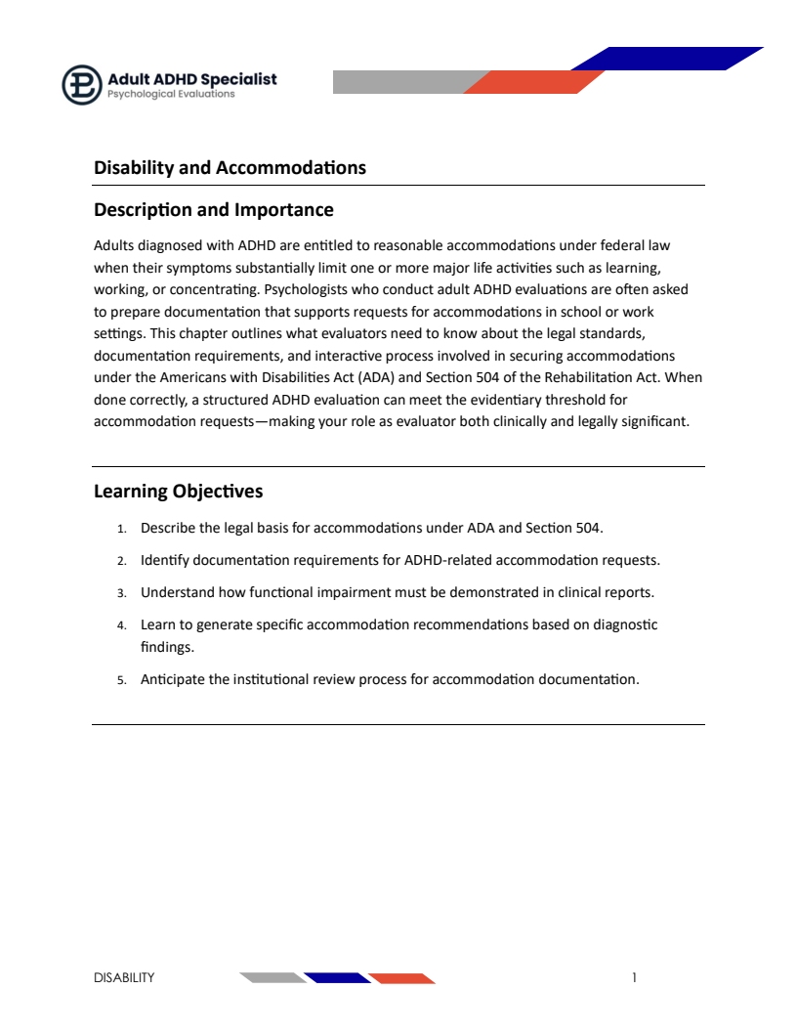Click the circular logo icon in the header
click(x=82, y=84)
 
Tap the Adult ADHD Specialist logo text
click(x=192, y=78)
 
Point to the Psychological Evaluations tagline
click(x=171, y=95)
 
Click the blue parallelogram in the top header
click(x=667, y=59)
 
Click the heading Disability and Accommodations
click(x=230, y=167)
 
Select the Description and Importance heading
click(x=213, y=209)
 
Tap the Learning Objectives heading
click(x=178, y=491)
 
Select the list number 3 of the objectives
click(x=122, y=593)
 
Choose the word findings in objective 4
click(x=167, y=646)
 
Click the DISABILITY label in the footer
click(x=124, y=977)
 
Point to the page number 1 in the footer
click(x=634, y=977)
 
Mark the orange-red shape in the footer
click(x=402, y=977)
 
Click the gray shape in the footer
click(x=273, y=977)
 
